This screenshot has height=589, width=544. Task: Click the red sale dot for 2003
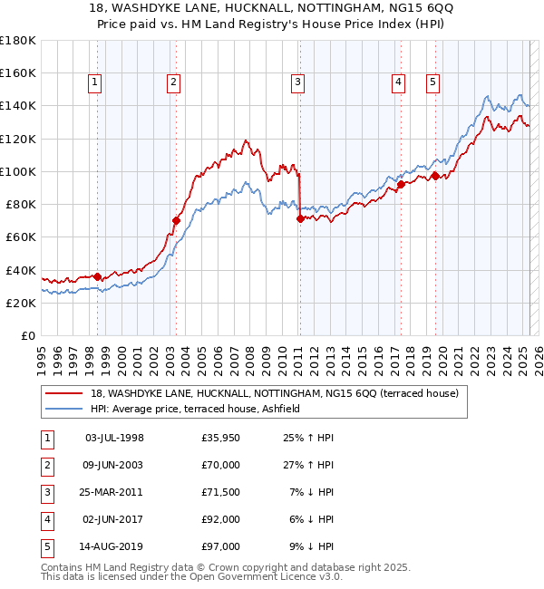177,220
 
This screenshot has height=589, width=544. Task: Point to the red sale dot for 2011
300,217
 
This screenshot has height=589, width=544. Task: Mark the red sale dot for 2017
400,184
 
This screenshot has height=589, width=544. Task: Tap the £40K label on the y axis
20,270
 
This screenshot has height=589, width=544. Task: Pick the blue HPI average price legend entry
200,409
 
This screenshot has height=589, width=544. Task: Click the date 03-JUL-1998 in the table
114,439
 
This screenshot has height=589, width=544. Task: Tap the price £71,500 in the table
221,493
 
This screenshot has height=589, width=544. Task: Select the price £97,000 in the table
221,547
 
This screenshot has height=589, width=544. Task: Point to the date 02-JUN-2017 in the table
114,520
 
